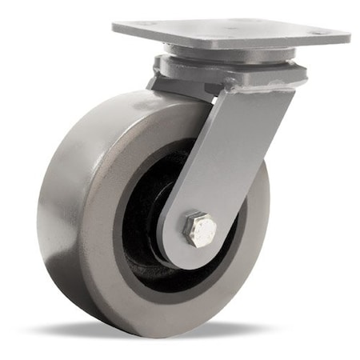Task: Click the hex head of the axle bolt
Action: point(199,230)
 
